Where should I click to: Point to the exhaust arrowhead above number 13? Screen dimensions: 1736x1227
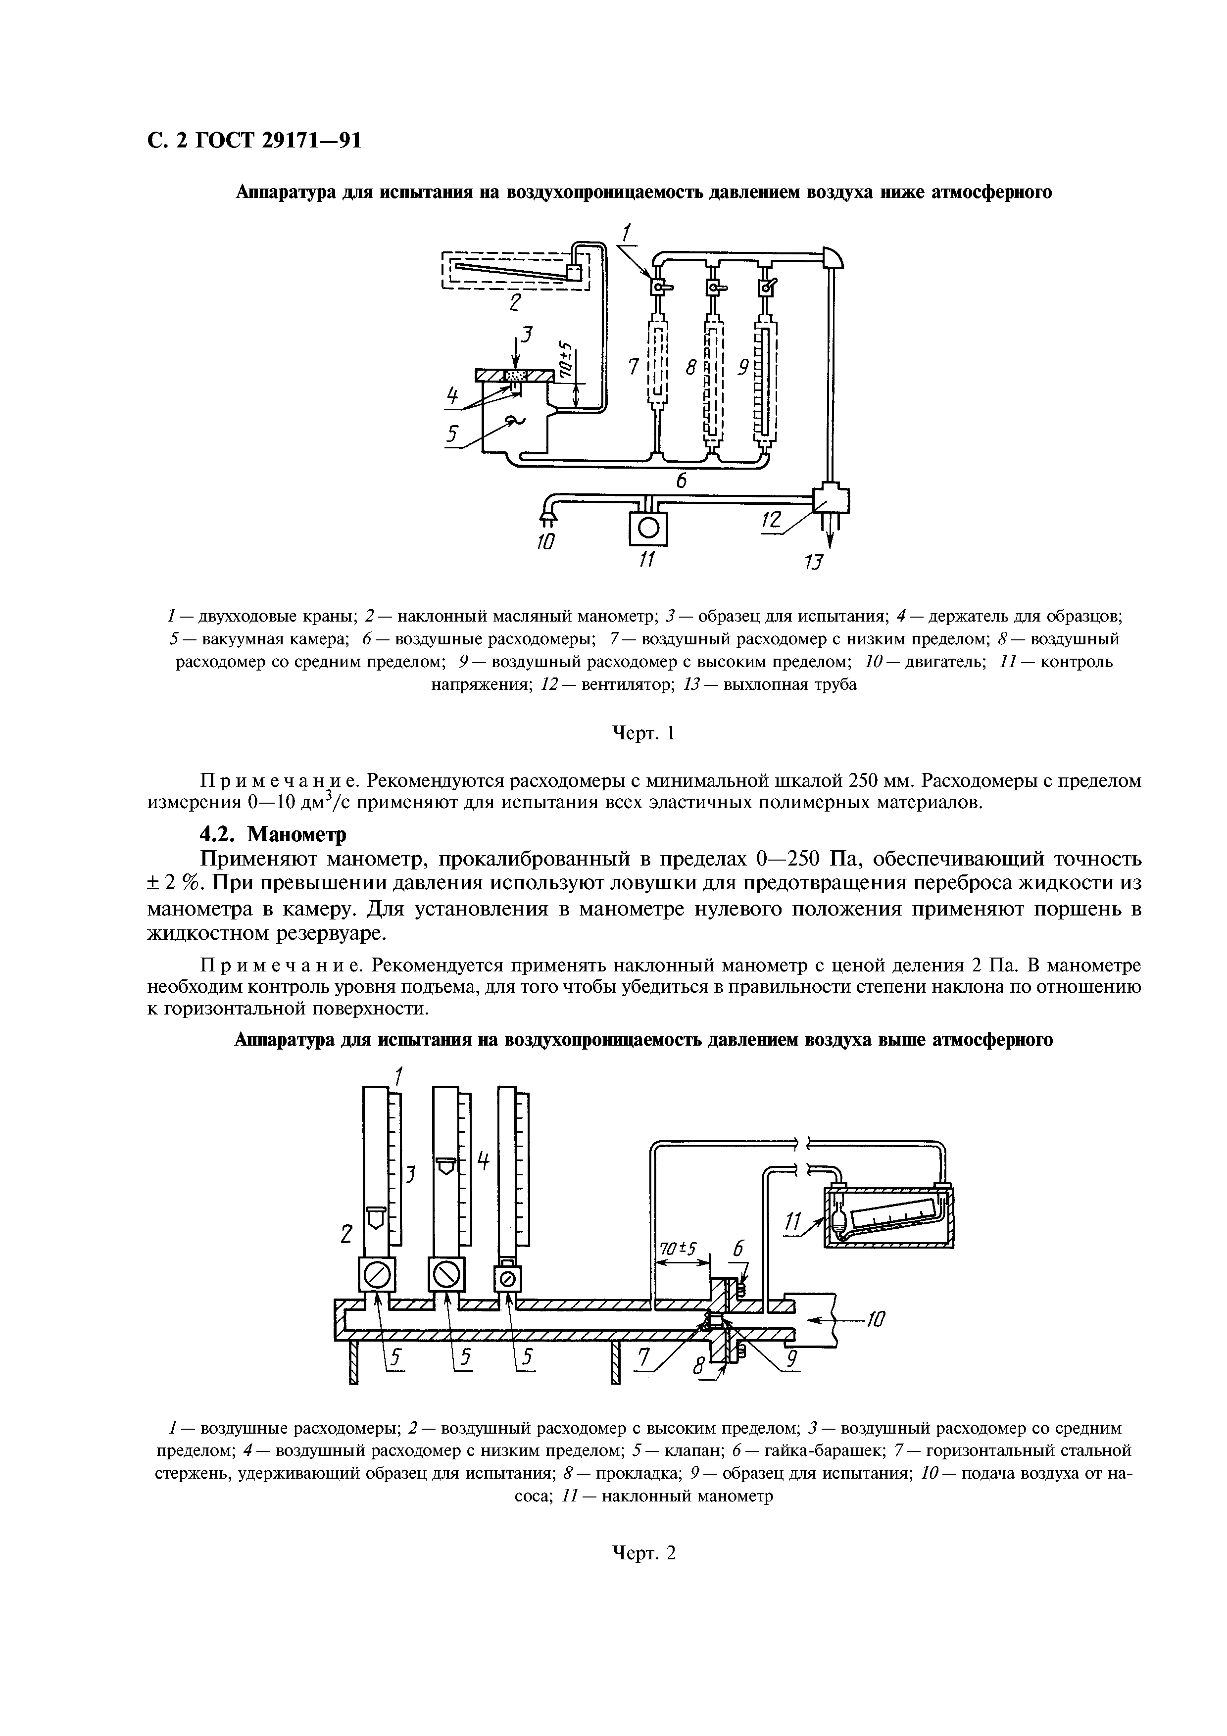tap(830, 539)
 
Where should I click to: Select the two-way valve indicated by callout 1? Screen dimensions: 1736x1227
tap(658, 288)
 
